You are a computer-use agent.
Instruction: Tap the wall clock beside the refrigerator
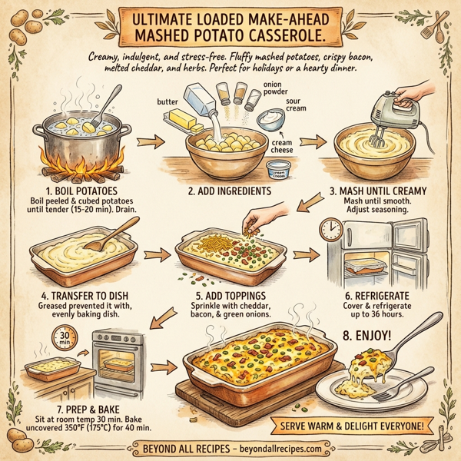coord(331,229)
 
